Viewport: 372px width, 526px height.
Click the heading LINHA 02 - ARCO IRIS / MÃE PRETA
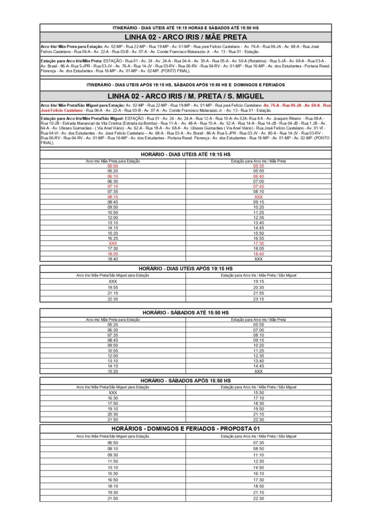(x=185, y=37)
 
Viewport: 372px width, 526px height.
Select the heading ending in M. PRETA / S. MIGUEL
(x=185, y=97)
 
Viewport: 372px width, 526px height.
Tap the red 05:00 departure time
(x=113, y=166)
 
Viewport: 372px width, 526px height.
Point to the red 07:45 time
(x=258, y=186)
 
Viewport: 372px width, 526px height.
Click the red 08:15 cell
(x=113, y=197)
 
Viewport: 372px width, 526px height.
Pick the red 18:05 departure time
(x=113, y=254)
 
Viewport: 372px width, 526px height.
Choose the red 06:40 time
(x=258, y=176)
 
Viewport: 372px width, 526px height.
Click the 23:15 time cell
(x=258, y=299)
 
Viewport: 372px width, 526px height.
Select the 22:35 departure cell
(x=113, y=299)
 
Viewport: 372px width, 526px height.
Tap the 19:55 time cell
(x=113, y=288)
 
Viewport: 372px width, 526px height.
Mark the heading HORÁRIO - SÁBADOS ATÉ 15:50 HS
(x=185, y=312)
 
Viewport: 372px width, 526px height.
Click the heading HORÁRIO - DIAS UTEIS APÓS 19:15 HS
(x=185, y=269)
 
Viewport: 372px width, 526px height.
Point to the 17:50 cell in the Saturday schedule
(x=113, y=404)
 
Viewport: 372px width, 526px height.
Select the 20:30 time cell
(x=113, y=414)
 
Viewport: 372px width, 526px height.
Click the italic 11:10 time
(x=258, y=455)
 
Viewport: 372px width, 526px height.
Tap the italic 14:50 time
(x=258, y=467)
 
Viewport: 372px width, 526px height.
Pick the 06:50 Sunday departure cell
(x=113, y=443)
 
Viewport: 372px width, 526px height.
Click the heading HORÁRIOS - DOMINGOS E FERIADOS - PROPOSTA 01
(x=185, y=428)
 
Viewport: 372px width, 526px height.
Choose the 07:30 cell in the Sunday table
(x=258, y=443)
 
